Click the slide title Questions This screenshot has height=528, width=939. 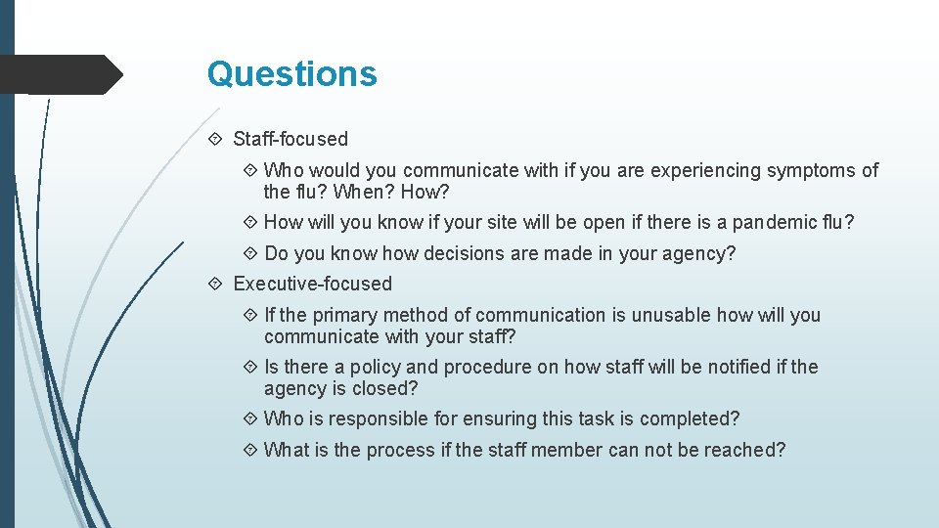click(x=291, y=74)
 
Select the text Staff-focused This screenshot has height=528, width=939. click(x=291, y=140)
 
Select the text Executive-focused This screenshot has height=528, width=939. click(x=312, y=285)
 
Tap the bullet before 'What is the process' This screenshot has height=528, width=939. click(x=251, y=451)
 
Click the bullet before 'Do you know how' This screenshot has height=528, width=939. click(x=251, y=254)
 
